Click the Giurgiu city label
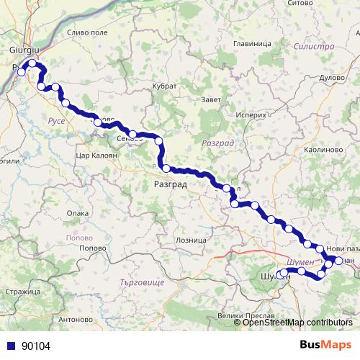24,50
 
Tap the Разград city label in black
170,185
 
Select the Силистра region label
315,46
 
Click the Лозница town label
190,240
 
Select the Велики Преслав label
243,315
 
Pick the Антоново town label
75,318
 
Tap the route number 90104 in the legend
36,346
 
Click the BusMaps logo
326,345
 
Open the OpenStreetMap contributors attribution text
297,323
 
